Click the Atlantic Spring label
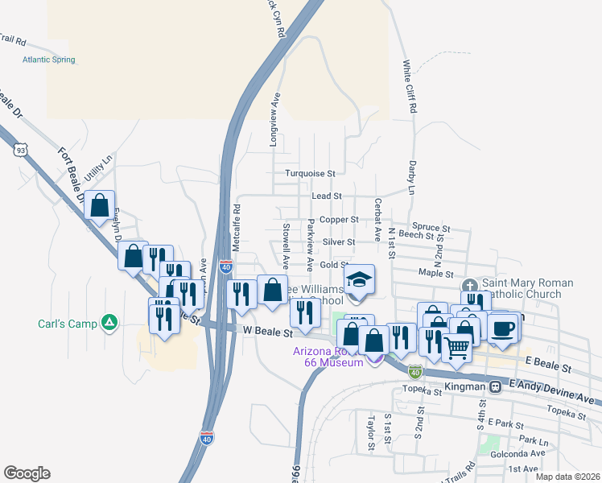pyautogui.click(x=48, y=60)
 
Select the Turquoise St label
pyautogui.click(x=309, y=173)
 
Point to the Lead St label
pyautogui.click(x=327, y=196)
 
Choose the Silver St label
pyautogui.click(x=339, y=242)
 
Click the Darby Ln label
pyautogui.click(x=411, y=178)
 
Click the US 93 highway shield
pyautogui.click(x=19, y=149)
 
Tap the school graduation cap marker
pyautogui.click(x=359, y=281)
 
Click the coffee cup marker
pyautogui.click(x=504, y=328)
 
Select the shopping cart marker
pyautogui.click(x=457, y=348)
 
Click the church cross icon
pyautogui.click(x=471, y=286)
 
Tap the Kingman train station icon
pyautogui.click(x=497, y=386)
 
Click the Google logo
pyautogui.click(x=27, y=473)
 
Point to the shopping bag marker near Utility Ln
pyautogui.click(x=100, y=207)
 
